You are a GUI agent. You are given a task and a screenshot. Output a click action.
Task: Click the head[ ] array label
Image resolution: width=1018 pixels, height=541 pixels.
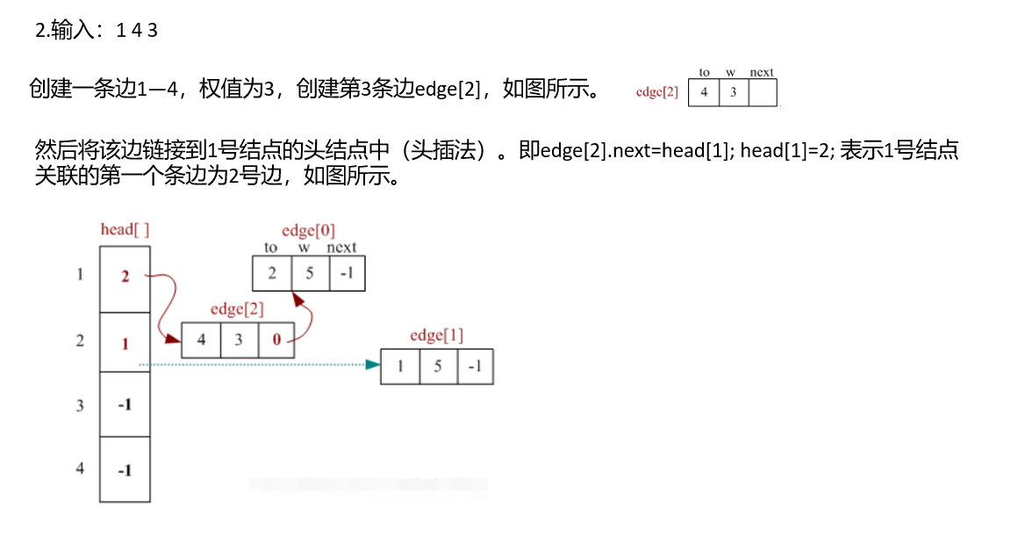125,230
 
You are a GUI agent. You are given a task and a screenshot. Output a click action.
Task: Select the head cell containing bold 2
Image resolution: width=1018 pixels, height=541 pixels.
125,278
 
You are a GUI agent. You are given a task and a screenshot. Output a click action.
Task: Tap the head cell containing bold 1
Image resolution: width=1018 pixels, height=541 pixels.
125,343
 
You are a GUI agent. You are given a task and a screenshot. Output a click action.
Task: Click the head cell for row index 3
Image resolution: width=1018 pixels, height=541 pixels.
125,405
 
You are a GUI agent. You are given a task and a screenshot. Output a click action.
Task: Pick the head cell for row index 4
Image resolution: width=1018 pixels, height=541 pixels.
125,470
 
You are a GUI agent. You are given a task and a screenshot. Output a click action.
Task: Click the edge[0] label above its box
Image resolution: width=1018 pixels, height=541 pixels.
308,231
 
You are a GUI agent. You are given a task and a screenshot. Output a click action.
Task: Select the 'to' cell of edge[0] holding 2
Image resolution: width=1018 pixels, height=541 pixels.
272,273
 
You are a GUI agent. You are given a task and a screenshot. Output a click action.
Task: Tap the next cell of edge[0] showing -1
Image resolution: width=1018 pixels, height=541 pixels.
347,273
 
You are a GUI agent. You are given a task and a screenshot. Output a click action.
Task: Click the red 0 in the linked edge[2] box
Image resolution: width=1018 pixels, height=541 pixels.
276,340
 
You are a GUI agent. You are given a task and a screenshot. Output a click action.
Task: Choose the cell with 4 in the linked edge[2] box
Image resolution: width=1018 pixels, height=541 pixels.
201,340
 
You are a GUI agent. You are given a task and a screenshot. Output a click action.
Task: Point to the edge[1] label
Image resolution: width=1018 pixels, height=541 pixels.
436,335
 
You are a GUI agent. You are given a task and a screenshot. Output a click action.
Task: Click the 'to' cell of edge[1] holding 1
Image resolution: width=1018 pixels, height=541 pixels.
400,366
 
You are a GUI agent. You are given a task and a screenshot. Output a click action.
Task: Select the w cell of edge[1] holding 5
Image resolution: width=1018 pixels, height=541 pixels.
438,366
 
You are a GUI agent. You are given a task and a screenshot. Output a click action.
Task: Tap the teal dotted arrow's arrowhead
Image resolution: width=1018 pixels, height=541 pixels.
372,364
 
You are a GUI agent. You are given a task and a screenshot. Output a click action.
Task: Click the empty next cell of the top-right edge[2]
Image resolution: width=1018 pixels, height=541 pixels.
763,92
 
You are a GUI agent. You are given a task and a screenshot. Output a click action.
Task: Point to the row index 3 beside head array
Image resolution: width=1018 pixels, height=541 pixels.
80,405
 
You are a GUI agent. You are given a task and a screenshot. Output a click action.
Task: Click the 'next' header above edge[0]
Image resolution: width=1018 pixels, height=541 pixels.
341,248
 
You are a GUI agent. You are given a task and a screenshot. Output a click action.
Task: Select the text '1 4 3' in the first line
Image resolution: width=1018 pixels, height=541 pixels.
137,31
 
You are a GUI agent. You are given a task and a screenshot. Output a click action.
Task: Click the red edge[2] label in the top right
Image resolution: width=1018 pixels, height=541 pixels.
657,92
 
